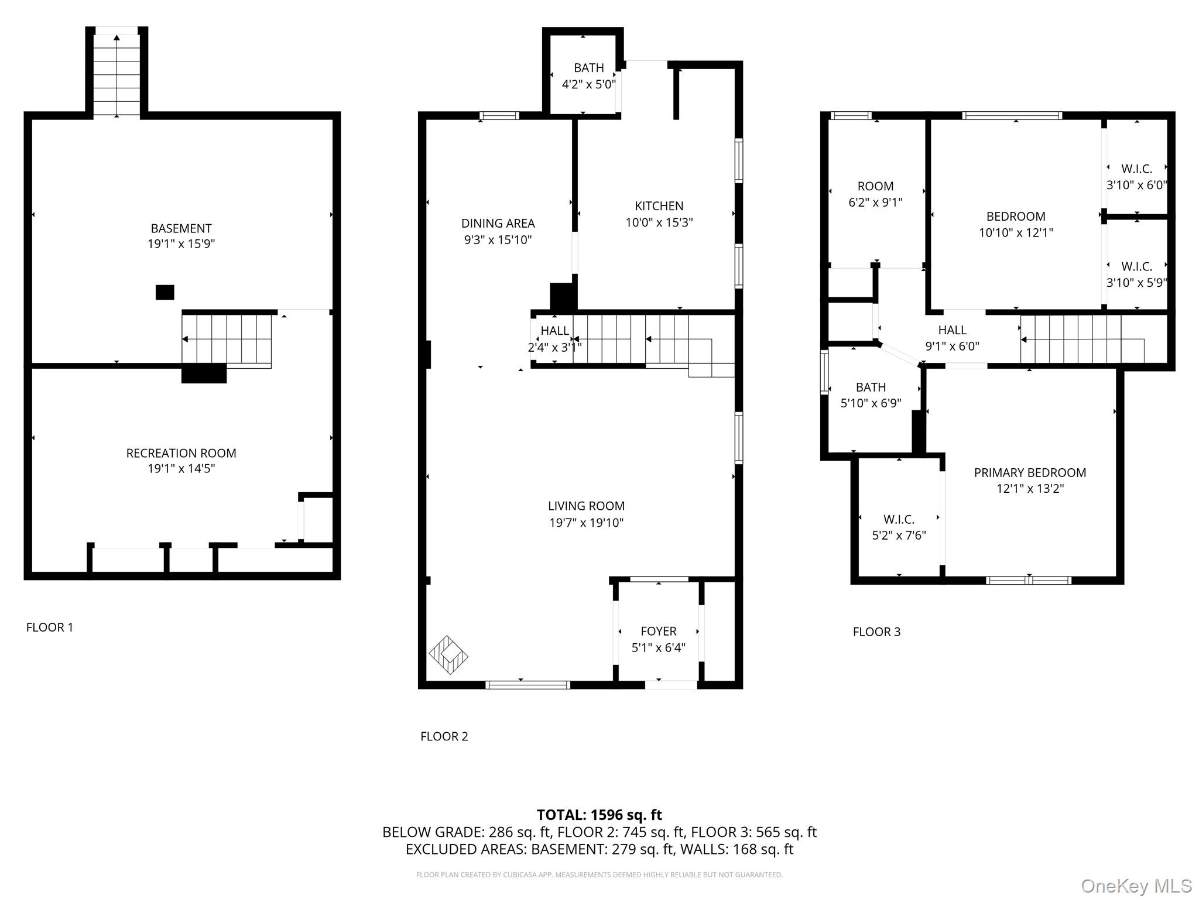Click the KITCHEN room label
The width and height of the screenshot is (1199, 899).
659,206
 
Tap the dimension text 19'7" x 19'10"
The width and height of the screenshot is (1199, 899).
586,523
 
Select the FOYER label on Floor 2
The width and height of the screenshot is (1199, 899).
658,631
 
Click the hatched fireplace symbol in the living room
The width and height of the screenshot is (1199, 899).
448,654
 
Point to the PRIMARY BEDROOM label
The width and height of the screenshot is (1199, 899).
1029,472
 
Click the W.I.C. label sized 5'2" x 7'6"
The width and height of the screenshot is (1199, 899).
899,520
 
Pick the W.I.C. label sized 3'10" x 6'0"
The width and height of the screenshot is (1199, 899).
1136,169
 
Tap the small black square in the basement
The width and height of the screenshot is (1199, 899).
165,292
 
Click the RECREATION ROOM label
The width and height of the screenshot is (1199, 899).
181,453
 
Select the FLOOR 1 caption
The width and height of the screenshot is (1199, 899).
50,627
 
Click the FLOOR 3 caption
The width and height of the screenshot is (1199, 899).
876,632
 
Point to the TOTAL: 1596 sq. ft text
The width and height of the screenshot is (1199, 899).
599,815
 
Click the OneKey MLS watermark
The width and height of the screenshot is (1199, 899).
1136,886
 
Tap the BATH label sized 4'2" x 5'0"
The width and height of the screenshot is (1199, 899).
588,68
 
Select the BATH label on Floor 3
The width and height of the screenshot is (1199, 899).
871,387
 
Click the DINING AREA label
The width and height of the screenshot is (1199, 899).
498,223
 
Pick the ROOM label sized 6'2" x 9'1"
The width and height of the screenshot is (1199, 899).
875,186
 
